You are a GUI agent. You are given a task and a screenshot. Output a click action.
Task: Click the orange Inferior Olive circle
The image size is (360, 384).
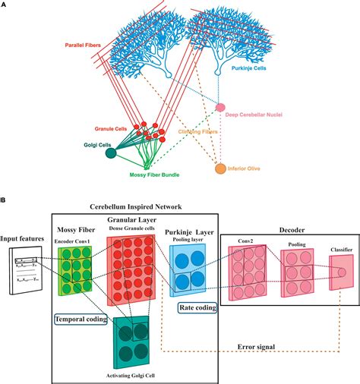click(221, 168)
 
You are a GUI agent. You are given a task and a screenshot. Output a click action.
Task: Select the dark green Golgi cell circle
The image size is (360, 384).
click(111, 153)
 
